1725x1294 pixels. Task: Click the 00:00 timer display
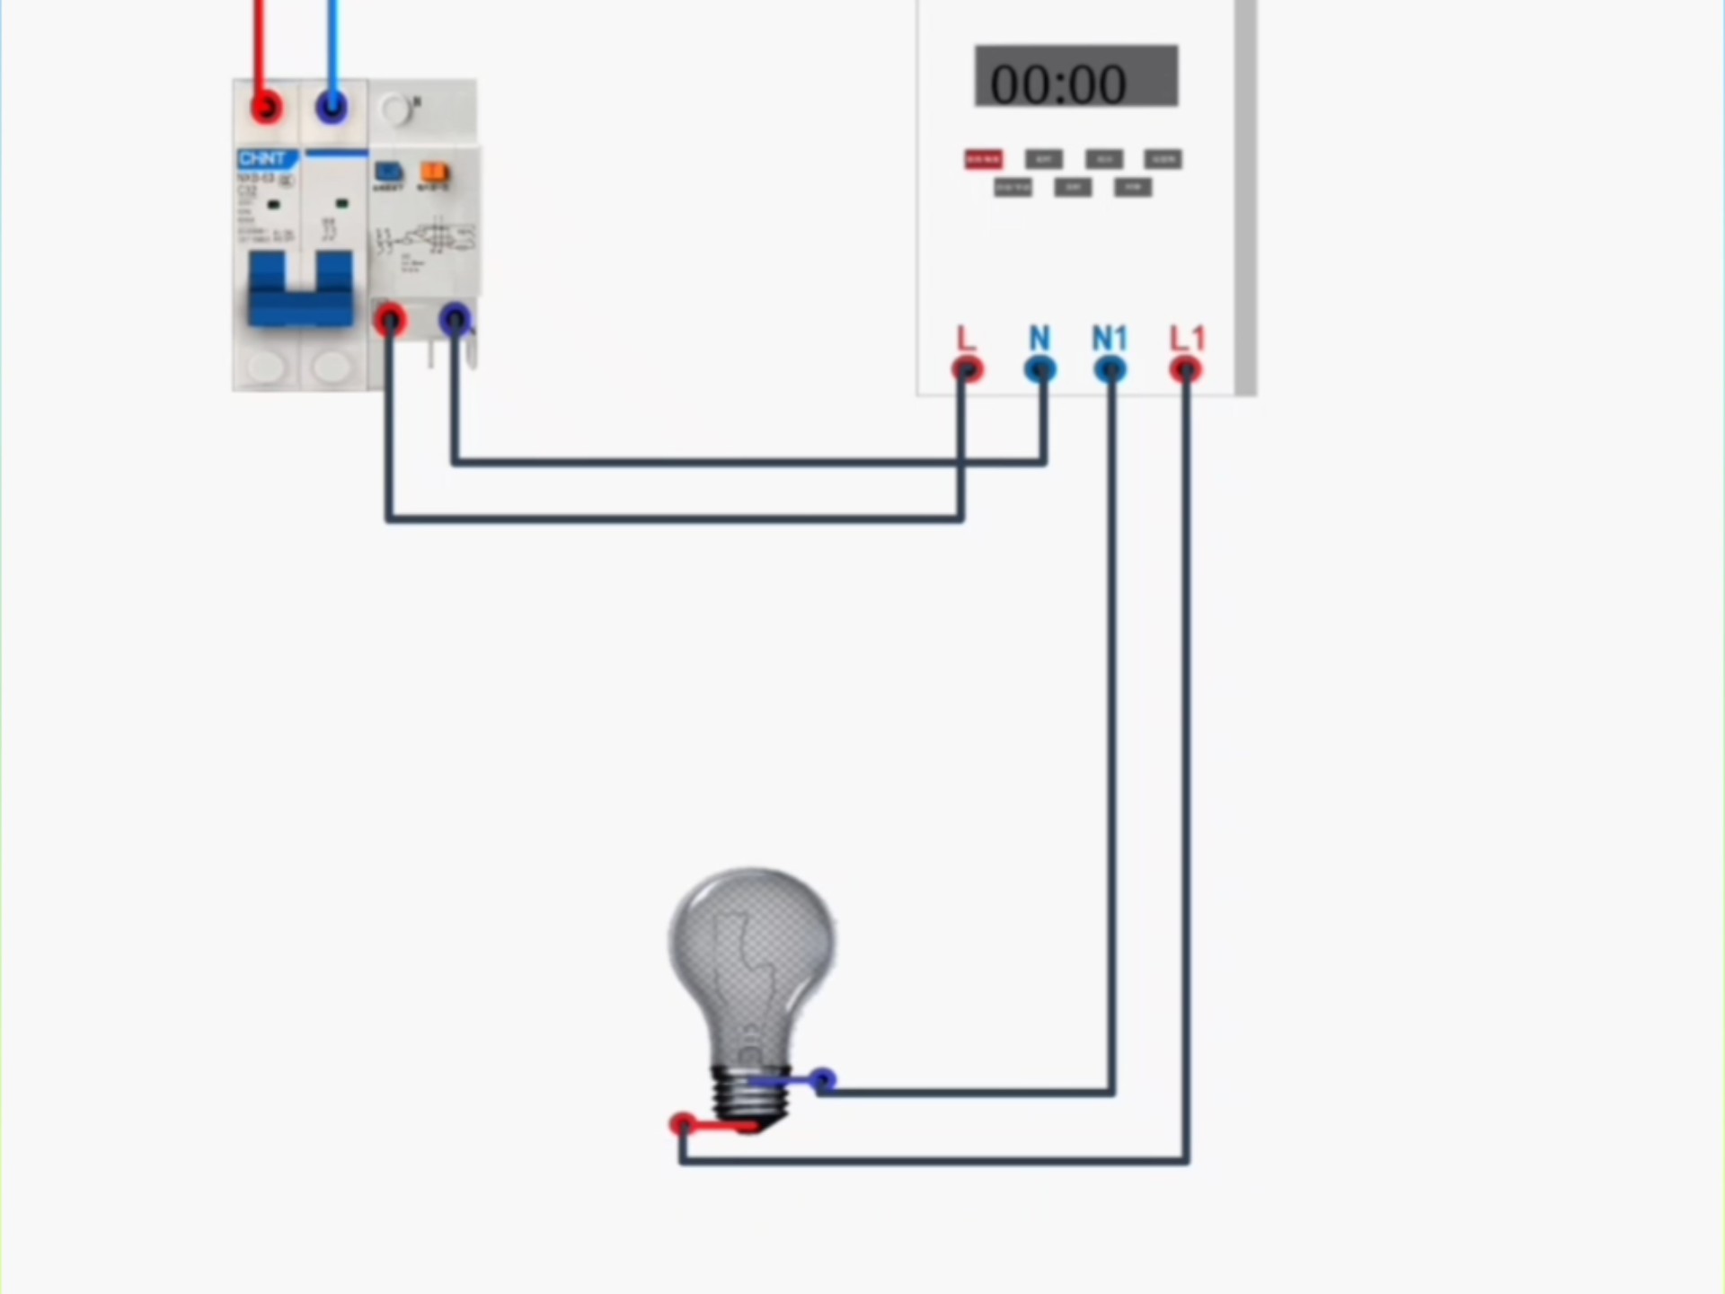1075,77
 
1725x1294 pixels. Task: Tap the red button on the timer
983,159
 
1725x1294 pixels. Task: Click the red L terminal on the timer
967,369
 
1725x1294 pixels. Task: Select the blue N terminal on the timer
1040,369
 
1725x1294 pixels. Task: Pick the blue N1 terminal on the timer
1110,369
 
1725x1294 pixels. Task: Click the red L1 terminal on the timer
1185,369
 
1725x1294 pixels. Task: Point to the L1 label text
1187,339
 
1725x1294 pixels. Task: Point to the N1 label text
1110,339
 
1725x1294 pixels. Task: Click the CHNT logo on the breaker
262,159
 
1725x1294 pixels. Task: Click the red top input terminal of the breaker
266,108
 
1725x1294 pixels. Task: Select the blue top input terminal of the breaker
332,108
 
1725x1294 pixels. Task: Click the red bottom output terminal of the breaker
390,319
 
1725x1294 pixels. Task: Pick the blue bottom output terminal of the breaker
455,319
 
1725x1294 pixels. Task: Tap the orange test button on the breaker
435,172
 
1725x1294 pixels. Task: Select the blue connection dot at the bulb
822,1079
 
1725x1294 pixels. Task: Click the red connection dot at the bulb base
682,1123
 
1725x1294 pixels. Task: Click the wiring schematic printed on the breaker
427,241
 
